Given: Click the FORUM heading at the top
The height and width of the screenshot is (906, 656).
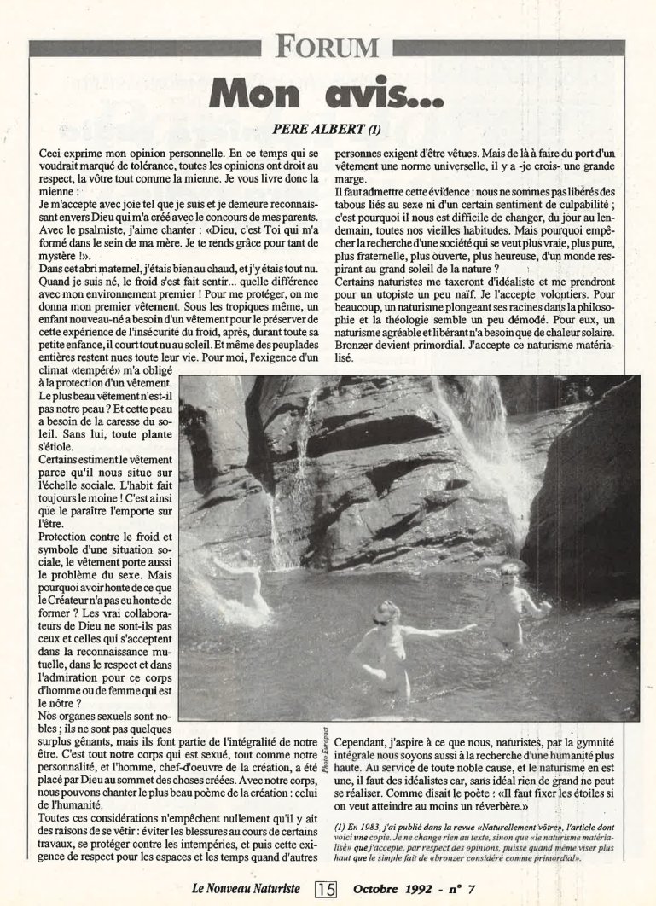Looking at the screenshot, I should pos(328,46).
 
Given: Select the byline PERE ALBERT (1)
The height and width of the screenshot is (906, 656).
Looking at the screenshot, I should pos(328,130).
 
